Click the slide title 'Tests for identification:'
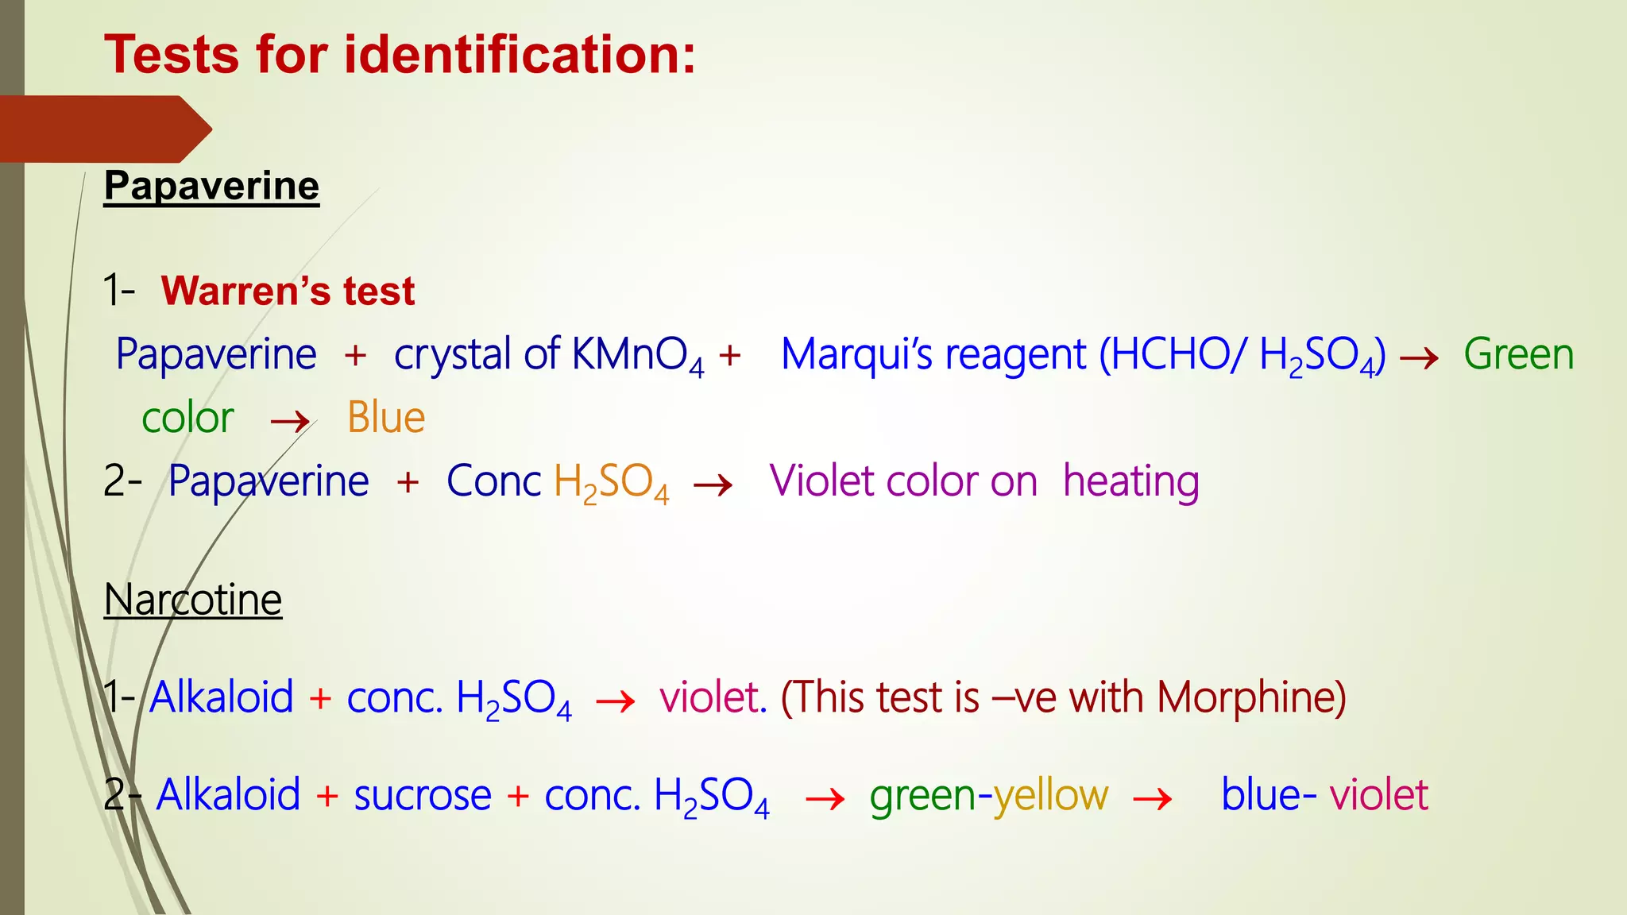400,55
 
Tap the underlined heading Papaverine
211,186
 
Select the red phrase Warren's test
288,291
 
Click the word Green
1518,354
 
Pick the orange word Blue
386,418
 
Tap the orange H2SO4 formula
611,483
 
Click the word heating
1130,482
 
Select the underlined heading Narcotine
193,600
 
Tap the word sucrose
423,795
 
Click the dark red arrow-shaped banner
103,129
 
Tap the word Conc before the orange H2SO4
493,481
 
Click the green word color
187,419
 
